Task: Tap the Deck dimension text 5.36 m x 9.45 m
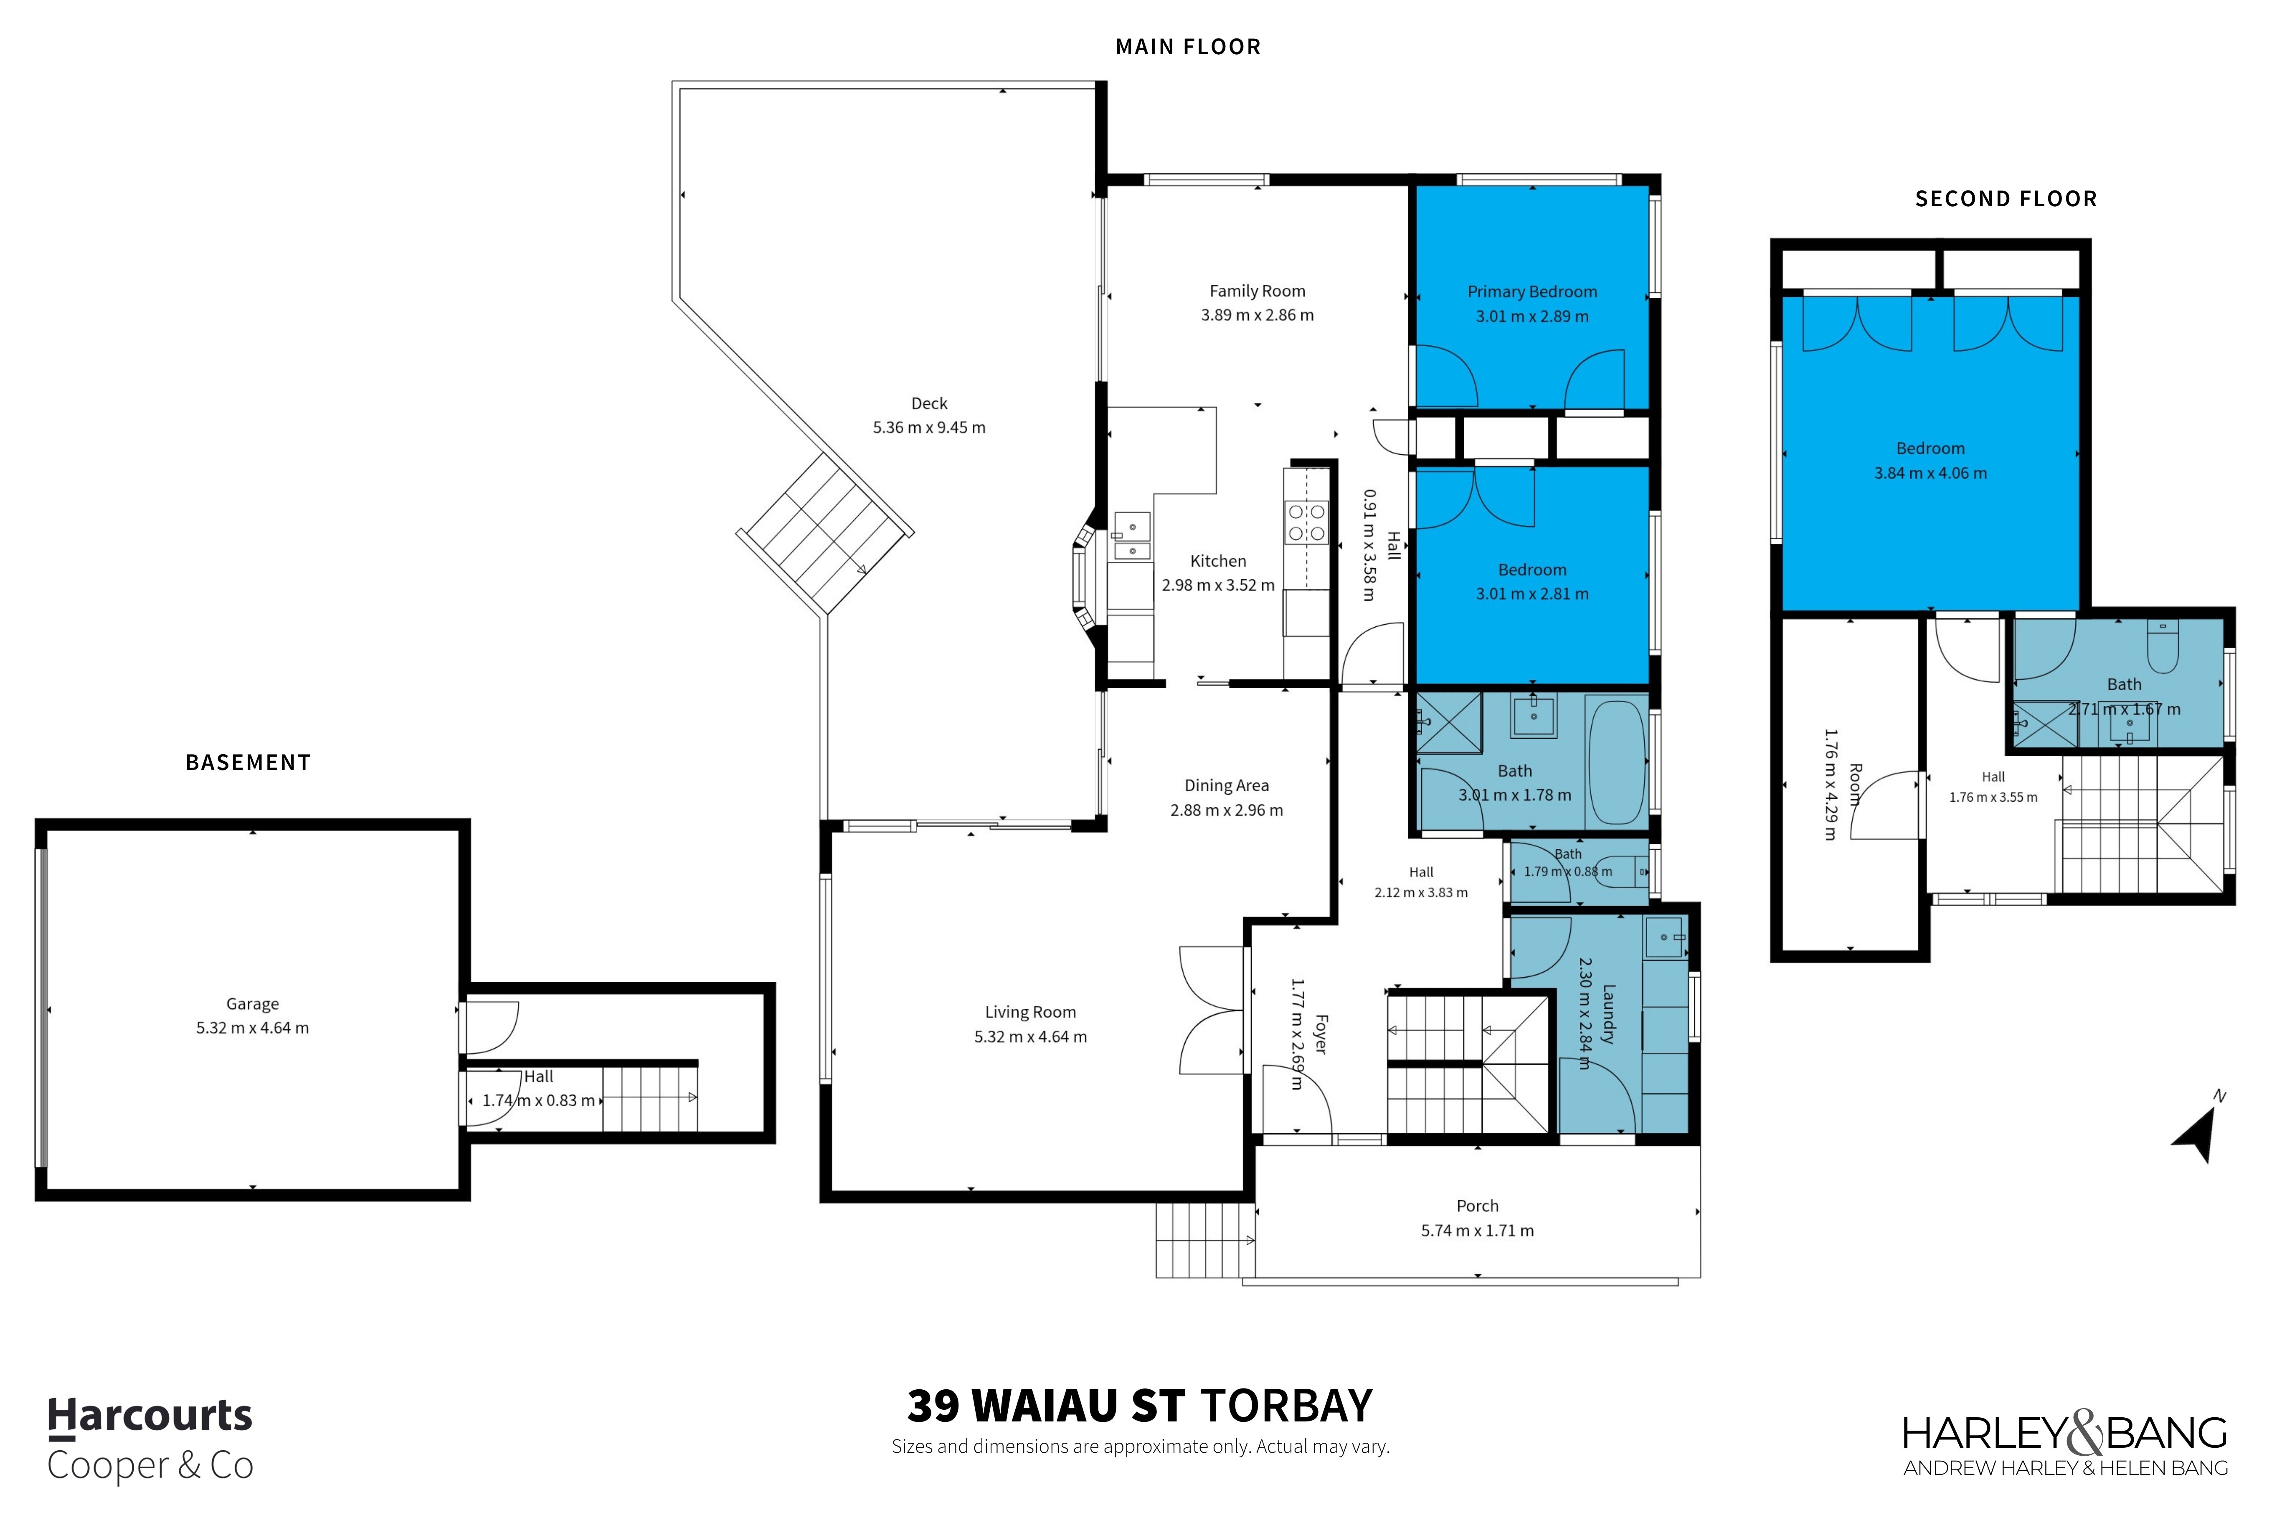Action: pyautogui.click(x=929, y=428)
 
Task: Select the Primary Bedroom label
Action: pyautogui.click(x=1531, y=292)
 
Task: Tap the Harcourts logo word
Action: pyautogui.click(x=150, y=1416)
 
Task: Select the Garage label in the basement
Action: pyautogui.click(x=252, y=1004)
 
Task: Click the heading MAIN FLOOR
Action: pyautogui.click(x=1187, y=46)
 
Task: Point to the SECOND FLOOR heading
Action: pyautogui.click(x=2006, y=199)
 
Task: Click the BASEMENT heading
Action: pyautogui.click(x=248, y=763)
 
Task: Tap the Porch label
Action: pyautogui.click(x=1477, y=1206)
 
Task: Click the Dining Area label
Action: pyautogui.click(x=1226, y=785)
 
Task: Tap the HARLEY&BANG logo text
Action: pyautogui.click(x=2065, y=1433)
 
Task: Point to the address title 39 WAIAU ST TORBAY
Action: pyautogui.click(x=1140, y=1406)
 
